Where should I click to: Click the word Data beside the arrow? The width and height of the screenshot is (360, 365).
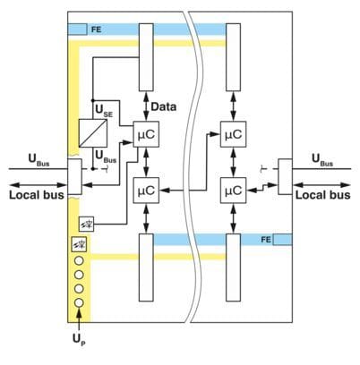point(164,106)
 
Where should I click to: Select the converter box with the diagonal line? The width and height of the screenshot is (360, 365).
point(93,133)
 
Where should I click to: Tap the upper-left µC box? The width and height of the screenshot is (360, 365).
point(146,134)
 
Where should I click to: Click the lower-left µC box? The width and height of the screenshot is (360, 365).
point(146,191)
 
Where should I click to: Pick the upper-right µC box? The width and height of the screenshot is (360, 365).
point(233,134)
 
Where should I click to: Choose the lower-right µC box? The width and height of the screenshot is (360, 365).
point(233,191)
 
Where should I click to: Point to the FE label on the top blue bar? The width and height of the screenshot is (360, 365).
point(96,30)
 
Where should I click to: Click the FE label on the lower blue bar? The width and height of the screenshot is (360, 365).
point(266,240)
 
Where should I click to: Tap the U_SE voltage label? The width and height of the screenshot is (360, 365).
point(104,111)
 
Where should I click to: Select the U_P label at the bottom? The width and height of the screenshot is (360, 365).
point(79,340)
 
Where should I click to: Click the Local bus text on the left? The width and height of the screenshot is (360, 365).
point(37,195)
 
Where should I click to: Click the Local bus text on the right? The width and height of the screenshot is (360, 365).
point(323,195)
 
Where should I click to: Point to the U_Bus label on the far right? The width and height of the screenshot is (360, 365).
point(322,159)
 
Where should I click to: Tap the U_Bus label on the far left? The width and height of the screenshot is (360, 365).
point(39,159)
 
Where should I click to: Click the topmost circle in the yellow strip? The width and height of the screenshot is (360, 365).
point(79,261)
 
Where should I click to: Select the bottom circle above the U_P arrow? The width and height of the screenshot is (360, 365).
point(79,302)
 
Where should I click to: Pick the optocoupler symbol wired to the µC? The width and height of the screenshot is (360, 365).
point(86,225)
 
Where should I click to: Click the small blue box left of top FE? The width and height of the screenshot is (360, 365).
point(77,30)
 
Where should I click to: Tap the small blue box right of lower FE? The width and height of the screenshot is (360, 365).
point(283,240)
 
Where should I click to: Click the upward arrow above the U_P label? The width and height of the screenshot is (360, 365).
point(79,319)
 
